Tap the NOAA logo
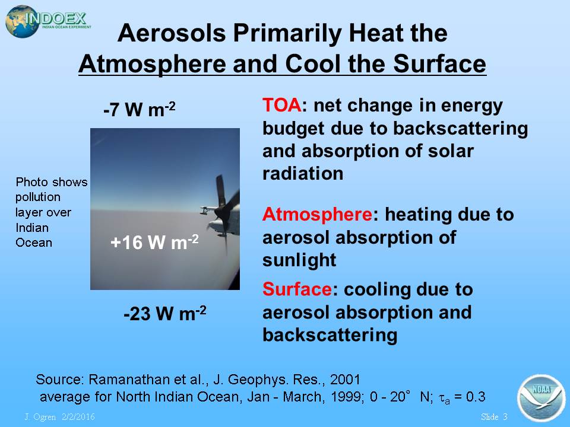pyautogui.click(x=541, y=398)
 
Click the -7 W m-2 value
pyautogui.click(x=139, y=109)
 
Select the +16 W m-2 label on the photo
pyautogui.click(x=154, y=242)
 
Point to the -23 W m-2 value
pyautogui.click(x=165, y=313)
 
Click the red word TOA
pyautogui.click(x=281, y=106)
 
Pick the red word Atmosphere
pyautogui.click(x=317, y=214)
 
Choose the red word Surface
pyautogui.click(x=297, y=289)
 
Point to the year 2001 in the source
pyautogui.click(x=345, y=380)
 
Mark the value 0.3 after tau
pyautogui.click(x=476, y=397)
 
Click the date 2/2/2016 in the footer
pyautogui.click(x=78, y=417)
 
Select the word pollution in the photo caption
pyautogui.click(x=38, y=197)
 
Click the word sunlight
pyautogui.click(x=299, y=260)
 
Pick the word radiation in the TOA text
pyautogui.click(x=303, y=174)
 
